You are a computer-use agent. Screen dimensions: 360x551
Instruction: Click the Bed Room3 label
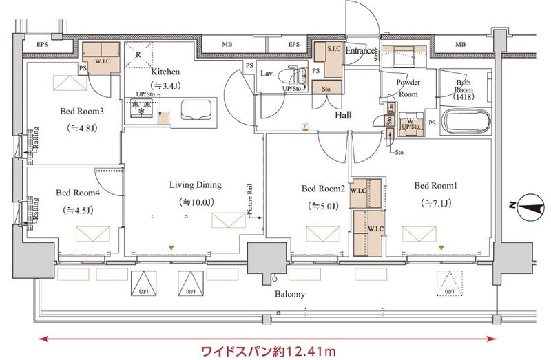[x=81, y=112]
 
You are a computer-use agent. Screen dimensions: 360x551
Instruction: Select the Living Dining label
[x=196, y=184]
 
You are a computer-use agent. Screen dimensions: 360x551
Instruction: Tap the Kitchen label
[x=165, y=71]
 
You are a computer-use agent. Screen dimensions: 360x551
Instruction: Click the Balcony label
[x=291, y=294]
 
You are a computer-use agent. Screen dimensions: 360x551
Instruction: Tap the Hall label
[x=343, y=115]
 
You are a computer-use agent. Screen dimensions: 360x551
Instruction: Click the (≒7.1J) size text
[x=435, y=203]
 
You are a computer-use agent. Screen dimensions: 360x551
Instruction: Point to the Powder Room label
[x=408, y=87]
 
